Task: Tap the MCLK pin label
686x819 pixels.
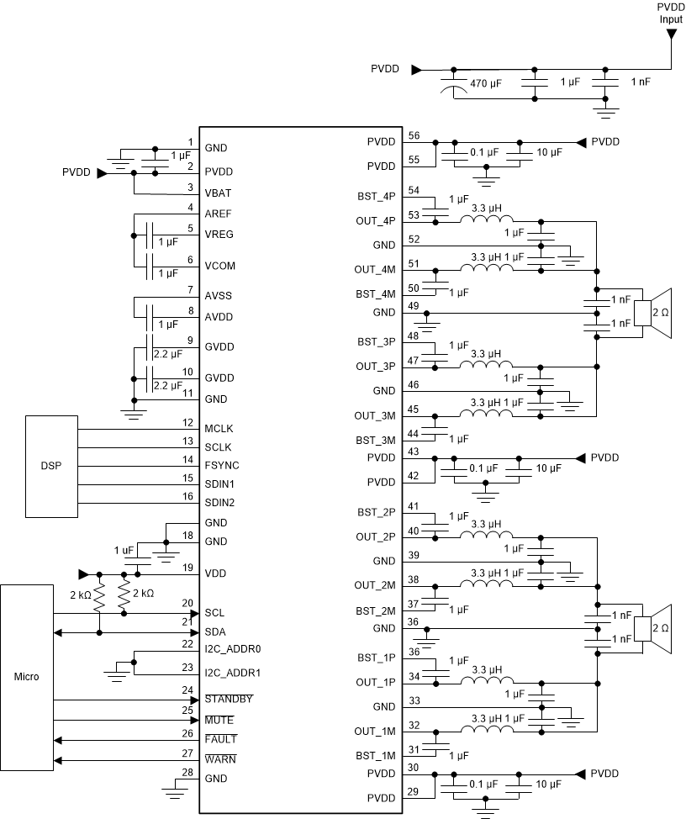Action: [219, 430]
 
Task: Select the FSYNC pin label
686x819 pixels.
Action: [222, 464]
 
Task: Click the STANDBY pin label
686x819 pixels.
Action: [230, 700]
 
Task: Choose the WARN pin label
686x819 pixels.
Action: [220, 759]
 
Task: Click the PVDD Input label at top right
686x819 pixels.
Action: [671, 13]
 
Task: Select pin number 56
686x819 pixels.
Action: [413, 135]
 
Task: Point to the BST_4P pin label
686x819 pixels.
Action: [376, 198]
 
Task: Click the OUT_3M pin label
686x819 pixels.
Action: [375, 415]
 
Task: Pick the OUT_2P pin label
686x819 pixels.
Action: [375, 536]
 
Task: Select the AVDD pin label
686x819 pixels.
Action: [219, 317]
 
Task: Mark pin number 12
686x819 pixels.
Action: [189, 423]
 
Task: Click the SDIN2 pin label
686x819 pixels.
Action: [220, 503]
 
